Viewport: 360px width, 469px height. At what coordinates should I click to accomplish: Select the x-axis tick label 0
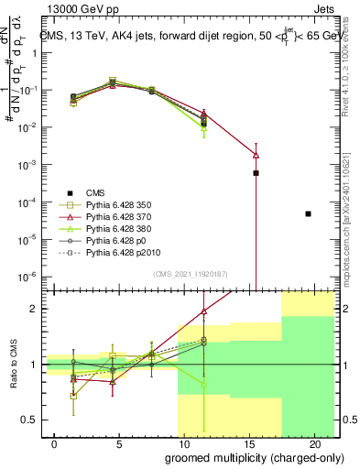[44, 444]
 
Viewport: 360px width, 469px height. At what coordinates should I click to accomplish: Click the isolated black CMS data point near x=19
[308, 213]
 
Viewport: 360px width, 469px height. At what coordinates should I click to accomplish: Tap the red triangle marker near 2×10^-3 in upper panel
[256, 155]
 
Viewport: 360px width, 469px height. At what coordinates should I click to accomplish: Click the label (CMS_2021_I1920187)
[191, 274]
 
